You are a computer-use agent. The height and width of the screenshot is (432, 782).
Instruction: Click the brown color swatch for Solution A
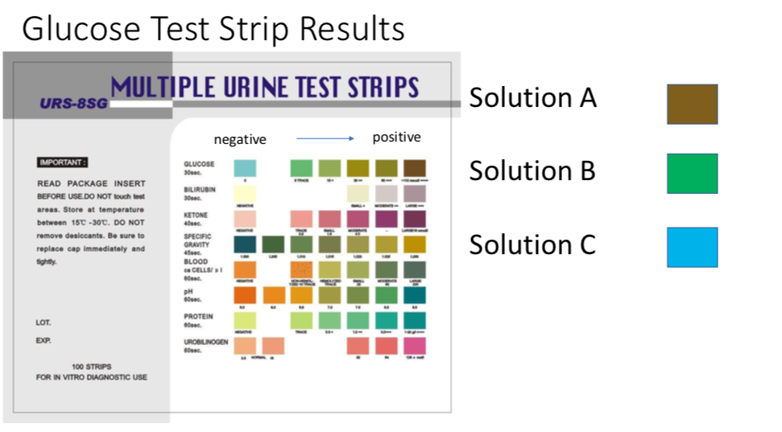point(692,105)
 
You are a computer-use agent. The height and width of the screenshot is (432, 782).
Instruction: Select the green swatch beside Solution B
point(692,174)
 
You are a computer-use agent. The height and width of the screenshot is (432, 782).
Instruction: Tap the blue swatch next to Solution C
point(692,247)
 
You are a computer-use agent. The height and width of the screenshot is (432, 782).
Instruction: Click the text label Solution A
point(532,98)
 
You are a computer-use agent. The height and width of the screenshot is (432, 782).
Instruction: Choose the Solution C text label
point(532,244)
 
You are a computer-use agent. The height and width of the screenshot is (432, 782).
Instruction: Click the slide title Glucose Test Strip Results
point(213,29)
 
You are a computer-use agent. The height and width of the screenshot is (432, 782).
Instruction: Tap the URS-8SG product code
point(71,103)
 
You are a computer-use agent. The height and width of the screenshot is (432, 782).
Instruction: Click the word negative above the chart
point(239,139)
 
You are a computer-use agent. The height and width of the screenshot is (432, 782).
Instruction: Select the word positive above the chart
point(396,138)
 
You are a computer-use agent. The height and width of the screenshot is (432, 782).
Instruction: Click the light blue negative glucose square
point(245,168)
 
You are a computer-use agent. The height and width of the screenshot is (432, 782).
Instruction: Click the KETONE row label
point(197,216)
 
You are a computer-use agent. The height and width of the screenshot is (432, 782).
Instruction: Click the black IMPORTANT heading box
point(62,163)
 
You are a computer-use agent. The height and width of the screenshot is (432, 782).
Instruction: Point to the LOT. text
point(43,323)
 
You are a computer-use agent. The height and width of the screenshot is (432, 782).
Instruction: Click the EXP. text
point(43,340)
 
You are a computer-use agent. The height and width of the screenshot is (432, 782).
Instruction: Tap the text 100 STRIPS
point(91,366)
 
